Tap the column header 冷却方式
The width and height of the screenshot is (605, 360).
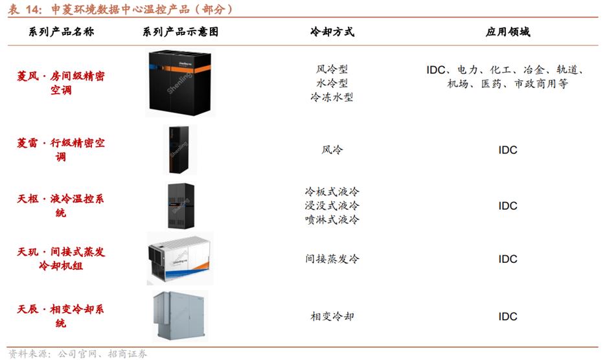coord(332,32)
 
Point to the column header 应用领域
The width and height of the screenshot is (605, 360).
coord(508,32)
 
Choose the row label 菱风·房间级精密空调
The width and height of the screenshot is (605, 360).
coord(61,83)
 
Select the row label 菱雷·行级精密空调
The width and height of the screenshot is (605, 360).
coord(61,150)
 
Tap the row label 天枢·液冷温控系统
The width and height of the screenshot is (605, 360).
coord(61,205)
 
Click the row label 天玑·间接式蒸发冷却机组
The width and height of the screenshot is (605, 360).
coord(61,259)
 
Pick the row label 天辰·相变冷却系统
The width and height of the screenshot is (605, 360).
coord(61,316)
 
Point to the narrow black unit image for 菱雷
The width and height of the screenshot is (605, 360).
coord(179,150)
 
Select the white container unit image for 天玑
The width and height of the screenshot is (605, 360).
coord(179,258)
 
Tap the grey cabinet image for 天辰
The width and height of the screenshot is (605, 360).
coord(179,316)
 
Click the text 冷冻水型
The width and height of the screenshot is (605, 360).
coord(332,98)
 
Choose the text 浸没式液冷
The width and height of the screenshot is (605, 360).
coord(332,205)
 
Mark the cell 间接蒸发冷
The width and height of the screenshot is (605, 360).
coord(332,259)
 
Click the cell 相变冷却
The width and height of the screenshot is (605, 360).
coord(332,317)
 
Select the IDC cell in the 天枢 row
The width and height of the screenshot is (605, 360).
coord(508,206)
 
